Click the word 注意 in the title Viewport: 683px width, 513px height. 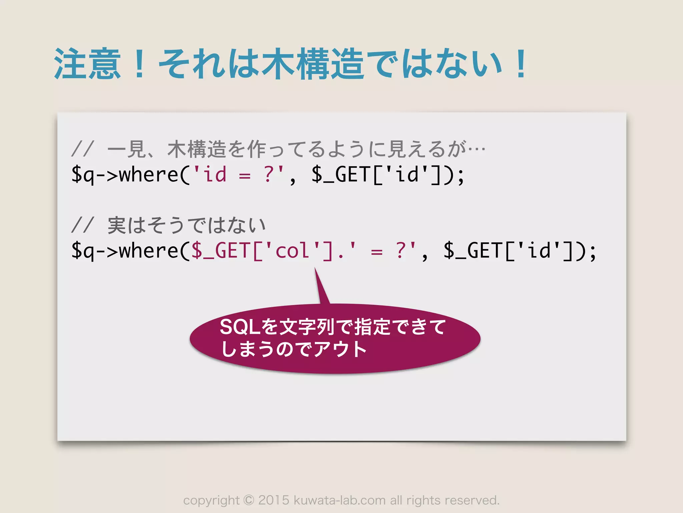87,63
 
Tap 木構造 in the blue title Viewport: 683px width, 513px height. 313,63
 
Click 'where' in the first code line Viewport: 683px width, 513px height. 149,174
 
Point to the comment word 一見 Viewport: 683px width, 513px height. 127,149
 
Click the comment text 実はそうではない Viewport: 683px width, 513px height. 187,225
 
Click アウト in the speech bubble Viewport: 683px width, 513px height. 340,349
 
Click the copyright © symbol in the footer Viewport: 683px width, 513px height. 249,500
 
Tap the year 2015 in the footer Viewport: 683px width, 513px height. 273,500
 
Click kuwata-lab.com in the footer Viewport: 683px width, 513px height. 339,500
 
